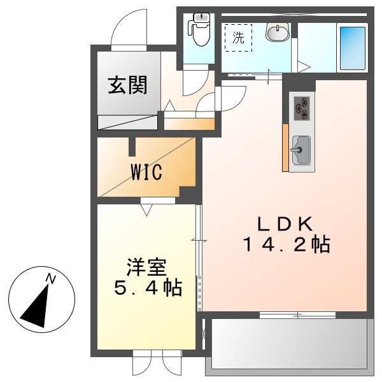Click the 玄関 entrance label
(127, 85)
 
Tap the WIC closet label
(147, 172)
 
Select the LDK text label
(284, 224)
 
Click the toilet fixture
(200, 30)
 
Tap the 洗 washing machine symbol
(238, 38)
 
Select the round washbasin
(278, 32)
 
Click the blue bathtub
(352, 48)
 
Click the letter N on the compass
(50, 278)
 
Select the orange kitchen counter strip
(285, 148)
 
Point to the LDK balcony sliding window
(297, 315)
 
